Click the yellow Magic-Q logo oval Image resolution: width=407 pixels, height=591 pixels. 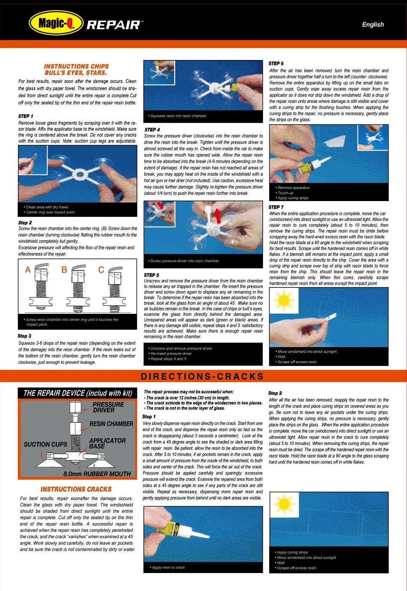pos(56,24)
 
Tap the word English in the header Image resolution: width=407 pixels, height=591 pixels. pos(373,24)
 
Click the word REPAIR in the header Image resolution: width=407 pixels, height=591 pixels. pos(114,25)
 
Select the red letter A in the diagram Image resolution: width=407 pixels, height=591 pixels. pos(28,270)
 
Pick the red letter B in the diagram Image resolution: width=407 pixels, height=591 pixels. pos(64,270)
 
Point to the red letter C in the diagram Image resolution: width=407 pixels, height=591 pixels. pos(101,270)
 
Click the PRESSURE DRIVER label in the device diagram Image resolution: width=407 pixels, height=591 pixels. pos(108,407)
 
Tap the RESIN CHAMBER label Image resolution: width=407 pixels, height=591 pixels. pos(111,424)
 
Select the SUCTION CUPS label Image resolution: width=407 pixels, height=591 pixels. pos(45,444)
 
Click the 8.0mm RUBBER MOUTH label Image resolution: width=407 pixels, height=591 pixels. pos(97,474)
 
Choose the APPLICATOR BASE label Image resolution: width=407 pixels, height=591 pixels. pos(107,443)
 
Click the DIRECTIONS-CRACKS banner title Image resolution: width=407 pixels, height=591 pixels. pos(202,377)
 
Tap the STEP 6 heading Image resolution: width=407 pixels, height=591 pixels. pos(276,63)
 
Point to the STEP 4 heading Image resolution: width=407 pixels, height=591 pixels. pos(152,130)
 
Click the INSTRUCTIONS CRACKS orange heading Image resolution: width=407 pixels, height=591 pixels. pos(76,489)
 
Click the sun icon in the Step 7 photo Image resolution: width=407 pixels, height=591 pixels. pos(284,300)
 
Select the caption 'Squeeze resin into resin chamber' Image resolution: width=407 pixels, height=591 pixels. pos(178,116)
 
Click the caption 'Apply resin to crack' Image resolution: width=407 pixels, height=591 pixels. pos(168,567)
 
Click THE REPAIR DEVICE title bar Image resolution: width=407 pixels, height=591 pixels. pos(78,393)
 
